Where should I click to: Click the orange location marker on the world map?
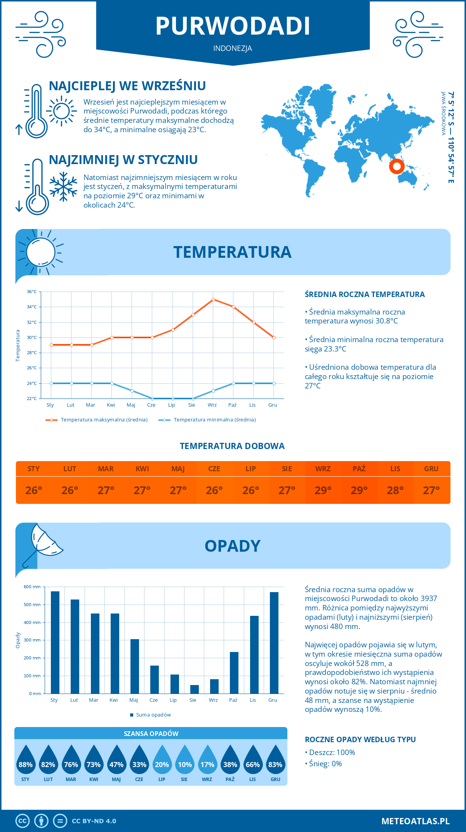click(396, 166)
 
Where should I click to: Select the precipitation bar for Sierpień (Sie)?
click(194, 689)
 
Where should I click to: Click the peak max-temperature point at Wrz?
click(213, 299)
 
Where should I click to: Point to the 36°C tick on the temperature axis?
click(32, 292)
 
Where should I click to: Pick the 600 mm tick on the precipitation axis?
click(32, 587)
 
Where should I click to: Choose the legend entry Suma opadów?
click(153, 715)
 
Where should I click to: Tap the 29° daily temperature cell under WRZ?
click(323, 490)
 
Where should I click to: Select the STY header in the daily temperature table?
click(34, 469)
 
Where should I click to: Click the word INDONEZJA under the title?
click(233, 48)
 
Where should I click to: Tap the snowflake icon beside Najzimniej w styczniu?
click(63, 187)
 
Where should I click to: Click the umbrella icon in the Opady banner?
click(43, 544)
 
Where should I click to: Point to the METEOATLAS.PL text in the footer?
click(415, 821)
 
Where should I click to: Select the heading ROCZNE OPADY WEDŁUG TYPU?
click(360, 739)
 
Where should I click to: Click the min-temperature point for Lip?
click(172, 399)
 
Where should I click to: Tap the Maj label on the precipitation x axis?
click(134, 700)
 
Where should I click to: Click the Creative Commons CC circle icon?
click(23, 821)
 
